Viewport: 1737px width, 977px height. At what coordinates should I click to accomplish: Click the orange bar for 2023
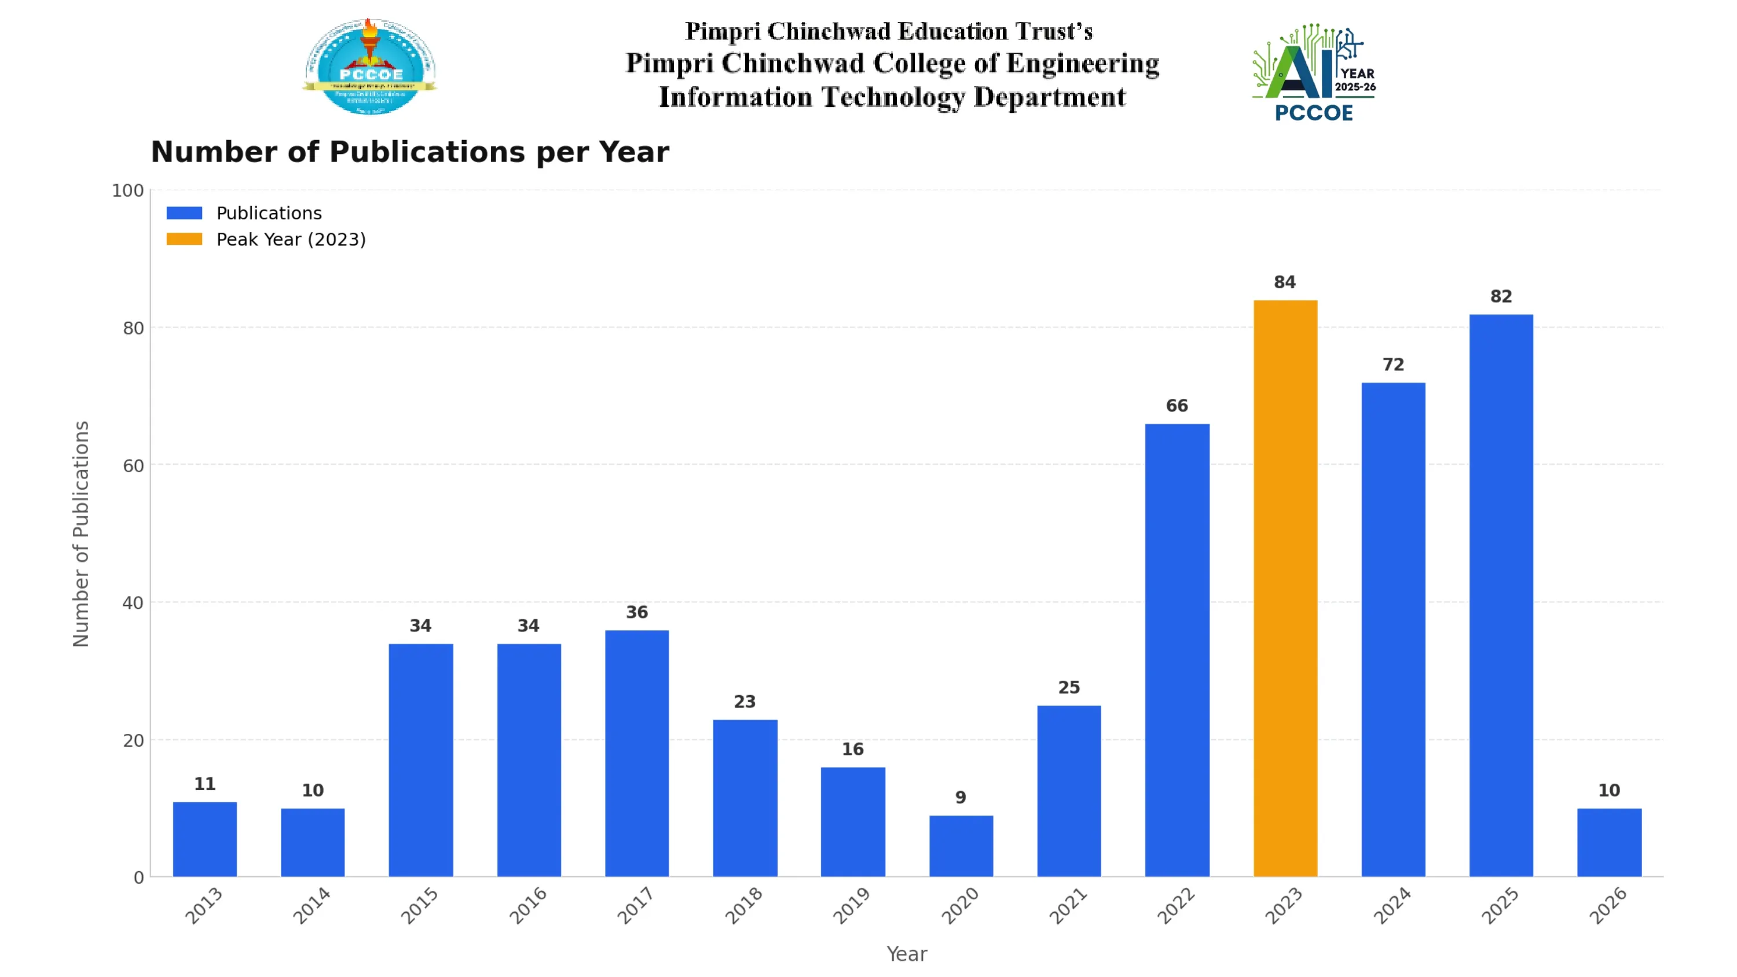(x=1285, y=588)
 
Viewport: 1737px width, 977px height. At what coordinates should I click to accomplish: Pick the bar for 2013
(x=204, y=839)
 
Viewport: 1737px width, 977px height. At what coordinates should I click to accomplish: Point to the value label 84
(x=1285, y=282)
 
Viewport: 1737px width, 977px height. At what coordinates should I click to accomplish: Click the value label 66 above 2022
(x=1177, y=405)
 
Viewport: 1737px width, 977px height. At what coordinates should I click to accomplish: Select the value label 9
(x=960, y=797)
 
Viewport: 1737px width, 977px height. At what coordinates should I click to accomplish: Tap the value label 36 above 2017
(x=636, y=612)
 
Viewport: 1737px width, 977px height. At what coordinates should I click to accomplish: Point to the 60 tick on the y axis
(x=133, y=465)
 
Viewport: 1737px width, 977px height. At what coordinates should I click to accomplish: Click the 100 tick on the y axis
(x=127, y=190)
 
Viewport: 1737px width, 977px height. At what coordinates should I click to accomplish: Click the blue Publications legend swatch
(x=184, y=213)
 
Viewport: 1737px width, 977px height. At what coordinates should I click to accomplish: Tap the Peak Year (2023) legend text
(x=291, y=240)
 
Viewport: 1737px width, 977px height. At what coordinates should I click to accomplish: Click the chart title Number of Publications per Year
(x=409, y=152)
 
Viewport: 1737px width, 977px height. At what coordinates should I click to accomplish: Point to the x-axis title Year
(x=906, y=953)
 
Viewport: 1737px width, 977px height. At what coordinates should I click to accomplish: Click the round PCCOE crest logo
(x=369, y=67)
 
